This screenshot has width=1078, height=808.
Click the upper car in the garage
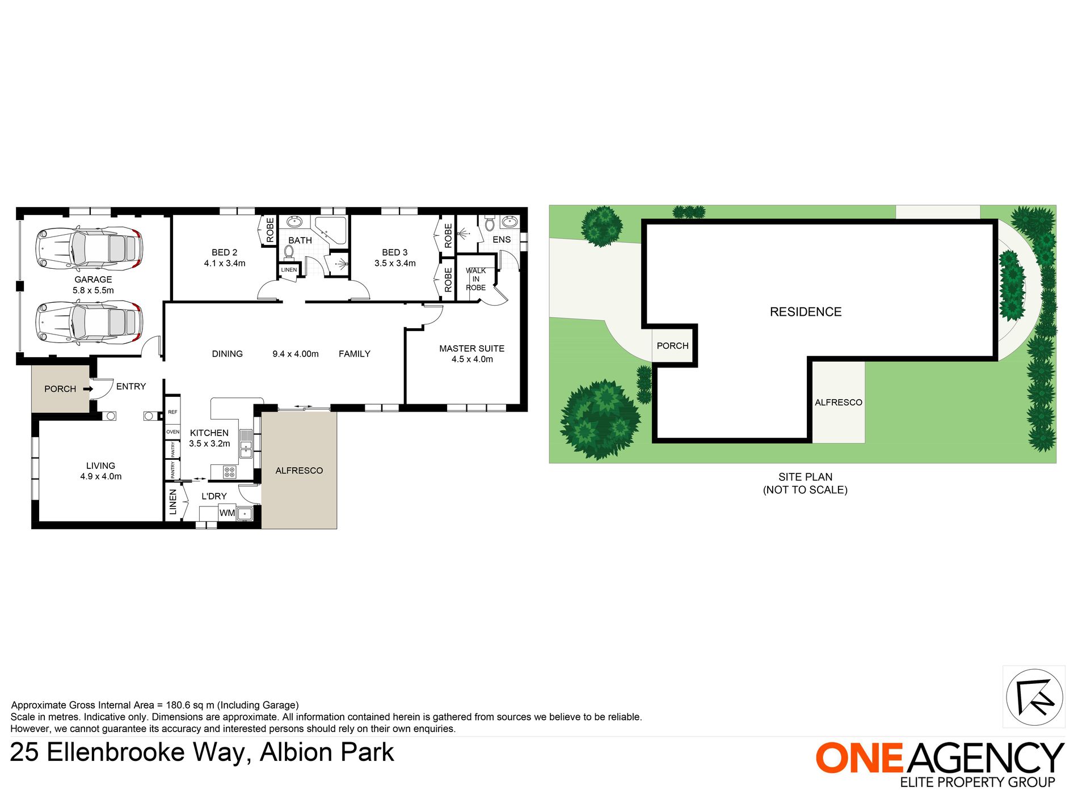click(89, 248)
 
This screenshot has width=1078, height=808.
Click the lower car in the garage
click(89, 323)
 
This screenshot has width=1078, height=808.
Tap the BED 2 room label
click(225, 252)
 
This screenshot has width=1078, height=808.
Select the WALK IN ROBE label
click(476, 279)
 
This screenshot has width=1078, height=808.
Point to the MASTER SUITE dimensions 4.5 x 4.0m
click(472, 359)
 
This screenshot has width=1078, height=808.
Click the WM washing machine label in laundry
click(227, 513)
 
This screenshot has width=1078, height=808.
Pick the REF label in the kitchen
click(172, 412)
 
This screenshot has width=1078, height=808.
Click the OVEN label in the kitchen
click(173, 432)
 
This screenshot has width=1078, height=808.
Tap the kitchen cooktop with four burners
click(230, 471)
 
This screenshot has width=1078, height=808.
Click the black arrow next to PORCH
click(88, 389)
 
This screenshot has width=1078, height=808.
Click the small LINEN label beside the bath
click(289, 270)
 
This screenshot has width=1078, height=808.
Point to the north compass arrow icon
click(1034, 697)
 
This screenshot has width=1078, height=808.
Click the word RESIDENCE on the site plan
click(806, 312)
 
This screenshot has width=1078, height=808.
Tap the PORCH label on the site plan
click(672, 346)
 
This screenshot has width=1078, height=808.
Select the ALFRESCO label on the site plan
click(839, 403)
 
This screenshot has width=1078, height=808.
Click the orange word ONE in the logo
click(859, 758)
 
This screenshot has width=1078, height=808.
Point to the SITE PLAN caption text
click(806, 477)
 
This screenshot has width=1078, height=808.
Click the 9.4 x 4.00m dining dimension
click(296, 354)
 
